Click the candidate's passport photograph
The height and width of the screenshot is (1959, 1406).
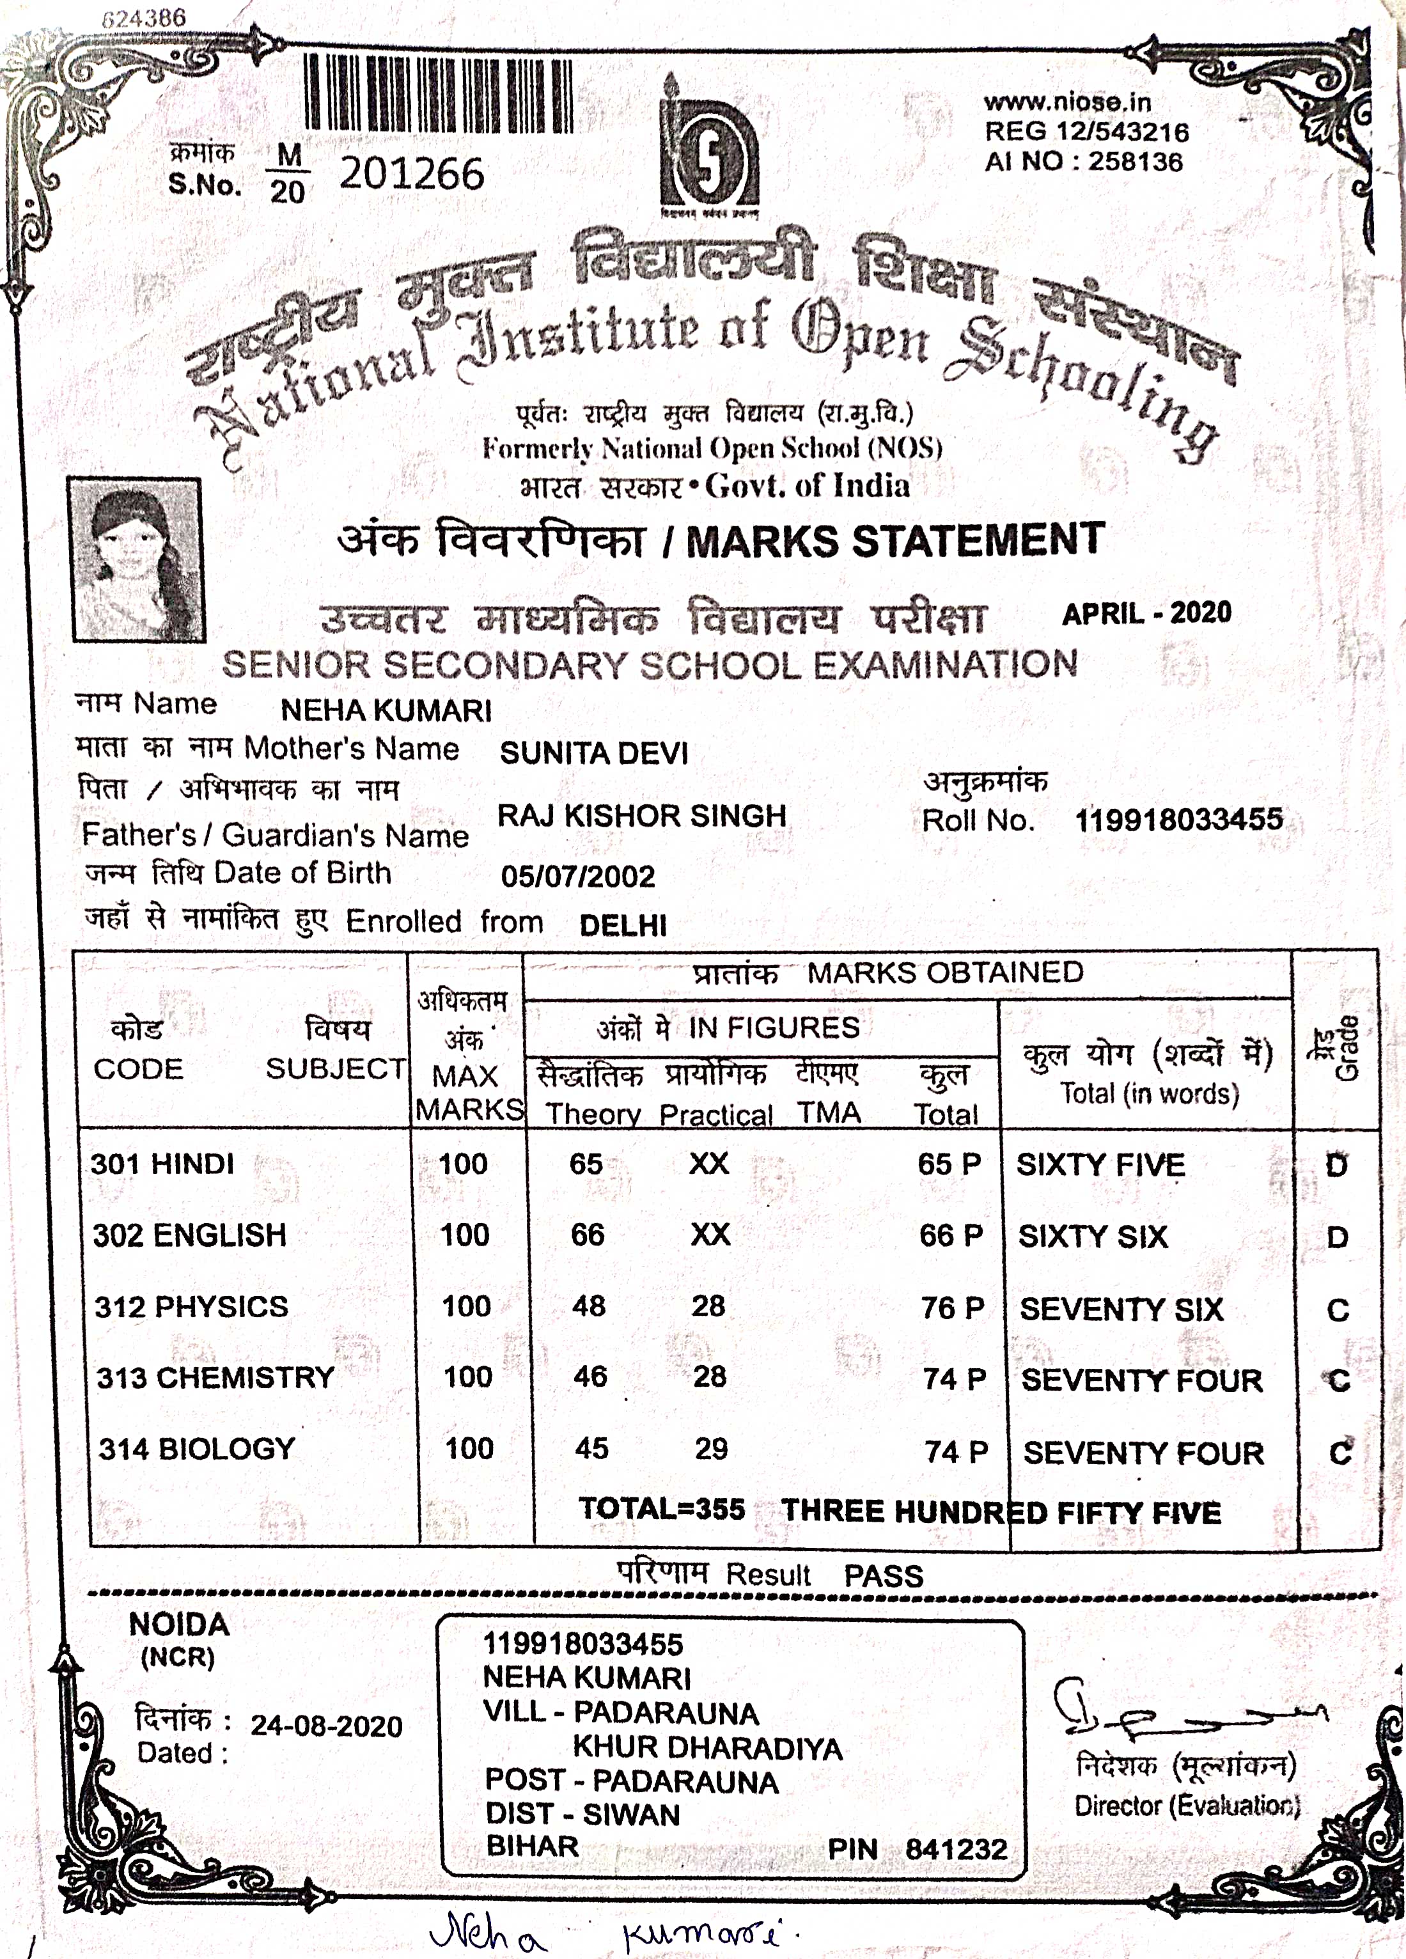136,559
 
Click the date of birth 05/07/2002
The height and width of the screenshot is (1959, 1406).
578,877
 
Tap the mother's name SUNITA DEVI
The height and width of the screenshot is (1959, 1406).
593,753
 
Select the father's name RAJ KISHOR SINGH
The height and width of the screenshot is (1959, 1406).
642,815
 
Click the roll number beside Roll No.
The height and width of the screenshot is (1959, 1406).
1178,819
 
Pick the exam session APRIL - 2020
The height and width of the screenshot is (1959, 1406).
1146,613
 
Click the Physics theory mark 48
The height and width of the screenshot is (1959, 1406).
588,1306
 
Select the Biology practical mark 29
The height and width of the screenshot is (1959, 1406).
711,1449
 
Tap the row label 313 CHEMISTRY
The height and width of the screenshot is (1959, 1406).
215,1377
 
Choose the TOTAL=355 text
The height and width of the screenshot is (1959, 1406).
662,1509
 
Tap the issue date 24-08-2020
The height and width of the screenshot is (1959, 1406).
327,1726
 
